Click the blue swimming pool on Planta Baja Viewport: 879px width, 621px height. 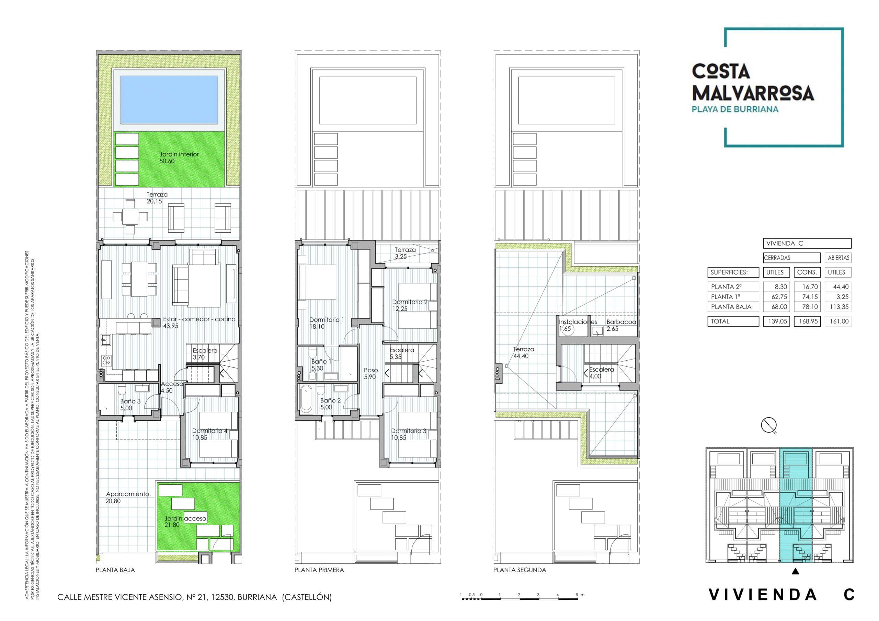click(x=169, y=99)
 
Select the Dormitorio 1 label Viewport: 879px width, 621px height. click(x=327, y=320)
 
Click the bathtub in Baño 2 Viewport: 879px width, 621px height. click(x=306, y=400)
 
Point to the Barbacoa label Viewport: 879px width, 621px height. click(x=621, y=322)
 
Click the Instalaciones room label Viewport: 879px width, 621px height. click(x=577, y=322)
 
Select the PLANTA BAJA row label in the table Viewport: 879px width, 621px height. click(x=731, y=307)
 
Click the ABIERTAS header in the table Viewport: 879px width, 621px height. click(x=838, y=258)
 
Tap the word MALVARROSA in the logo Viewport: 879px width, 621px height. click(x=753, y=93)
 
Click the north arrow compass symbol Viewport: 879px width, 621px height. click(x=768, y=425)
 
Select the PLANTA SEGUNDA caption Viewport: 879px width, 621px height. click(x=519, y=570)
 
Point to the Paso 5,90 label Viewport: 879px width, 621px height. click(x=370, y=373)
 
